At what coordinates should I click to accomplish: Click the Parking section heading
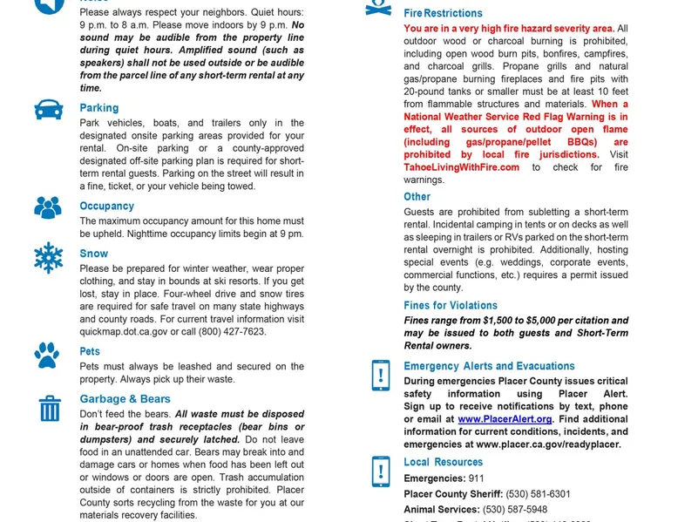pos(98,108)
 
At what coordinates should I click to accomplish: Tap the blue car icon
pos(49,110)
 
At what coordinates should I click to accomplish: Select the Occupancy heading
pos(106,207)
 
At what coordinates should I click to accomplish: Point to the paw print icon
pos(48,355)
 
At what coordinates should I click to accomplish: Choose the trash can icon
pos(50,408)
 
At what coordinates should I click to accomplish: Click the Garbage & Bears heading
pos(125,399)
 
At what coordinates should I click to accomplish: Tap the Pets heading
pos(90,352)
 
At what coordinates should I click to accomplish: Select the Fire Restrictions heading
pos(443,14)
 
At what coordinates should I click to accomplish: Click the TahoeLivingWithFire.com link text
pos(461,167)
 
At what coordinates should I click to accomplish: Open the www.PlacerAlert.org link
pos(505,419)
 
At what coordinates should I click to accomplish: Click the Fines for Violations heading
pos(450,306)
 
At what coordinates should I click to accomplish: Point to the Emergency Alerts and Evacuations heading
pos(489,367)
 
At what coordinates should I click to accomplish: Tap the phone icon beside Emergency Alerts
pos(381,376)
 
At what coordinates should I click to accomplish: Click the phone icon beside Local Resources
pos(381,471)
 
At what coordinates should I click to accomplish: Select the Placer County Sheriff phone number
pos(538,495)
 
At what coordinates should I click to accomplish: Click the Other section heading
pos(417,197)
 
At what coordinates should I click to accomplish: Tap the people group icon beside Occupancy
pos(48,207)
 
